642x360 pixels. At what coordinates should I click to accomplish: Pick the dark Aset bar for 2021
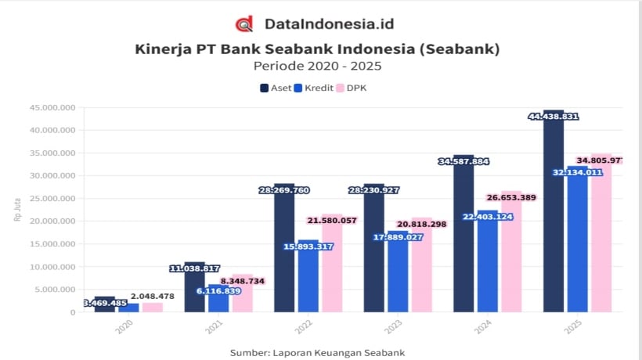point(195,293)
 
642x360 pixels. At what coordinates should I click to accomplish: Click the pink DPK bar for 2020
point(153,308)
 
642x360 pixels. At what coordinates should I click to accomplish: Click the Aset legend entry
point(275,88)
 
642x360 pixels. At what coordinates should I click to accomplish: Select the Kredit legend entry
point(313,88)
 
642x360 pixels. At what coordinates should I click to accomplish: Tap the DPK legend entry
point(352,88)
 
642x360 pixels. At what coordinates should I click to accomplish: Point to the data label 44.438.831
point(554,117)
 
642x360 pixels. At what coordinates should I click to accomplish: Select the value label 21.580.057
point(332,221)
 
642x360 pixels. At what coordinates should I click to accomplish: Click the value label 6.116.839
point(218,290)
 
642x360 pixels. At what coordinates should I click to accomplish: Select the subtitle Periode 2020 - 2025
point(317,67)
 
